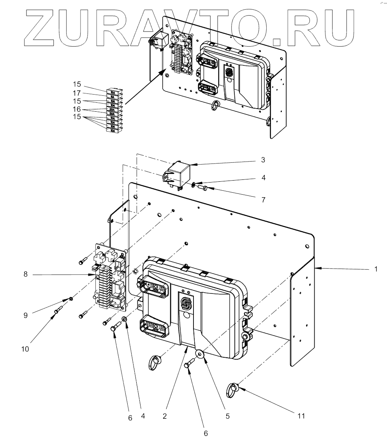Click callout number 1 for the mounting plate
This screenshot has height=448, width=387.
point(375,269)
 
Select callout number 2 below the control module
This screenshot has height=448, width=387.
point(165,416)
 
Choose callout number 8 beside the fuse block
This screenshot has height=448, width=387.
point(25,274)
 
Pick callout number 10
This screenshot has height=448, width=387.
point(25,349)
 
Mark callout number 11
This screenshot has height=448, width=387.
point(300,416)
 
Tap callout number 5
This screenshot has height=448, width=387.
point(227,416)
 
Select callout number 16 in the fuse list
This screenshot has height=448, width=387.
point(77,110)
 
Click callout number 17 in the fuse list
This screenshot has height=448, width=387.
point(77,93)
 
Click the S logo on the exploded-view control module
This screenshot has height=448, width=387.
point(185,302)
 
